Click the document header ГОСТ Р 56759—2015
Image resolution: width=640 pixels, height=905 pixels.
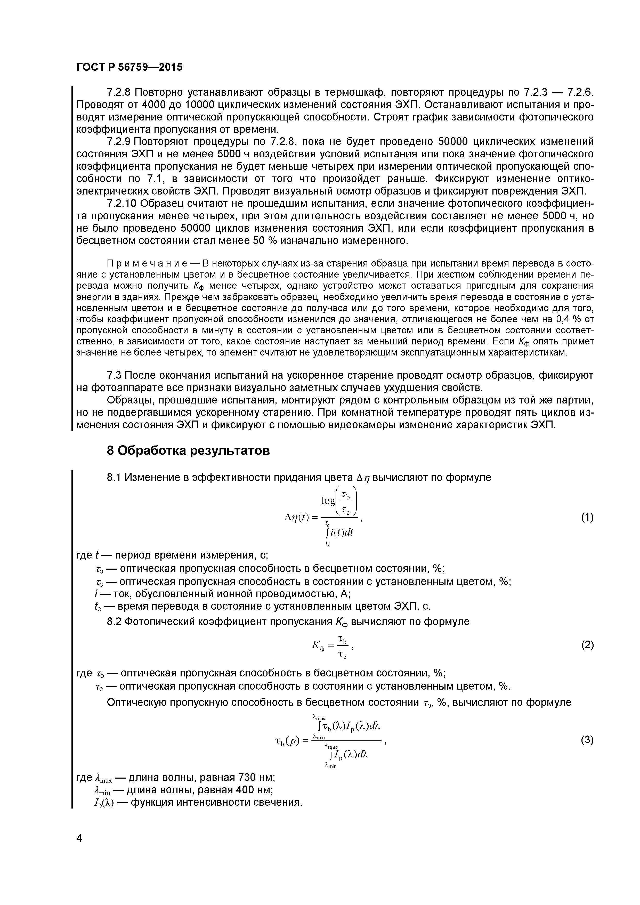pyautogui.click(x=129, y=67)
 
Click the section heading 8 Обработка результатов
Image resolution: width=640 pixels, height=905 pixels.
pyautogui.click(x=188, y=450)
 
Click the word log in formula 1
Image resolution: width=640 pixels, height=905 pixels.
pyautogui.click(x=328, y=500)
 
